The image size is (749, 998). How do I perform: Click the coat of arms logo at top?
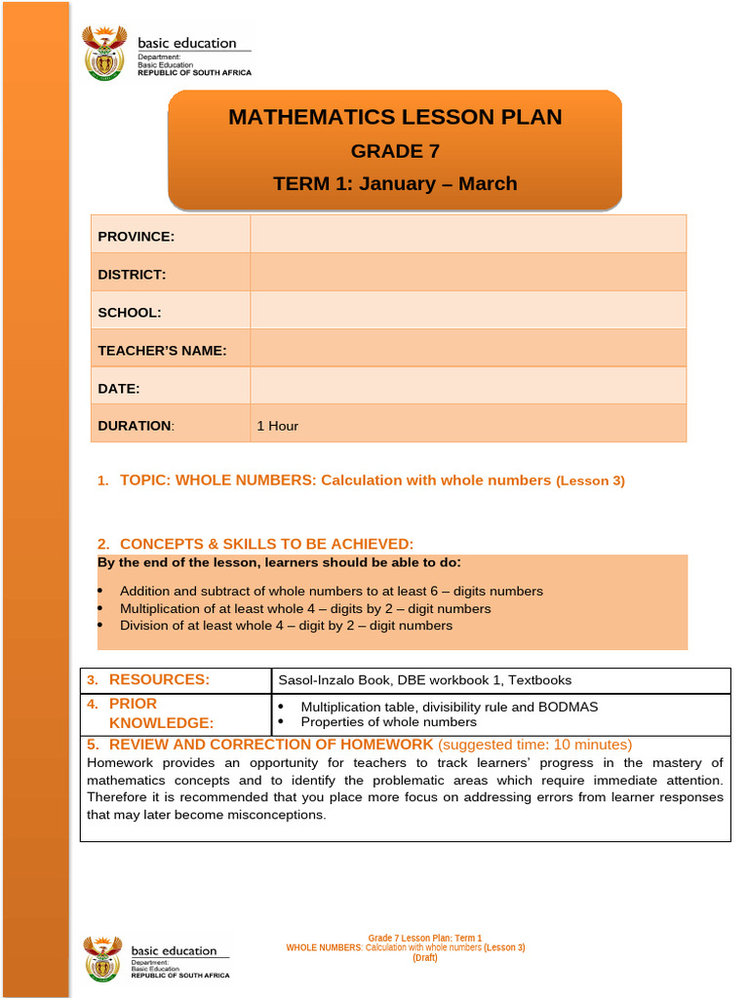point(104,53)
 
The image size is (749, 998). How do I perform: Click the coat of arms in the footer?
point(102,958)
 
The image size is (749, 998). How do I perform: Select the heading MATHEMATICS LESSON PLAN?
point(395,118)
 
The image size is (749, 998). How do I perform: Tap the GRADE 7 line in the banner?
point(395,151)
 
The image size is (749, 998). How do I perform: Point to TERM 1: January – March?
point(395,184)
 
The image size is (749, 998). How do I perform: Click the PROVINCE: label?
point(137,236)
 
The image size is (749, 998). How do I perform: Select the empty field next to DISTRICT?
point(468,274)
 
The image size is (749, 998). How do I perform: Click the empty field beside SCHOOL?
point(468,312)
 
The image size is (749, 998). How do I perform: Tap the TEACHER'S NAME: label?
point(162,350)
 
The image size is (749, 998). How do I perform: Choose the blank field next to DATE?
point(468,388)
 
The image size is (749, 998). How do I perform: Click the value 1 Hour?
point(278,426)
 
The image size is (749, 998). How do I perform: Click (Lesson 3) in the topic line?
point(591,480)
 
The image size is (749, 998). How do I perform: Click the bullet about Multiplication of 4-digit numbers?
point(305,608)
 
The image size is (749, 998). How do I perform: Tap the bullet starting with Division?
point(286,626)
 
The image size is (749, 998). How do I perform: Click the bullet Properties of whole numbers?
point(388,722)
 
